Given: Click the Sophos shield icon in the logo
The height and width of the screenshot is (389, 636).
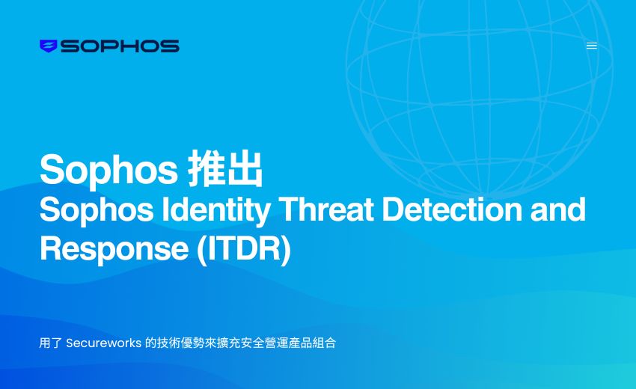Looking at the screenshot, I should tap(48, 46).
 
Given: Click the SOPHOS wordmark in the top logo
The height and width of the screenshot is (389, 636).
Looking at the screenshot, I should tap(120, 46).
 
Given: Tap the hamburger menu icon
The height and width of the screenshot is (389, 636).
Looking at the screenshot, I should tap(591, 46).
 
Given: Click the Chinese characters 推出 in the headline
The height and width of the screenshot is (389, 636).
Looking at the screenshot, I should tap(225, 170).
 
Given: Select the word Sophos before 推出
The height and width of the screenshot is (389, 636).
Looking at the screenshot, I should tap(108, 170).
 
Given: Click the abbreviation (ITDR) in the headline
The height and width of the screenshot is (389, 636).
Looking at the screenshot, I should tap(243, 249).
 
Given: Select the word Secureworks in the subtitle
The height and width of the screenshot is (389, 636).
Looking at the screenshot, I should tap(103, 343).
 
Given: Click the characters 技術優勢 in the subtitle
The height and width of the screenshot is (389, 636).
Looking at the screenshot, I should tap(180, 343).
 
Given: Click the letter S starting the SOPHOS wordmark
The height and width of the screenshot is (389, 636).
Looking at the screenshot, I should tap(70, 46).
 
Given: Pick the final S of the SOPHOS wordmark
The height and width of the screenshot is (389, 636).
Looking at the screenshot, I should tap(170, 46).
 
